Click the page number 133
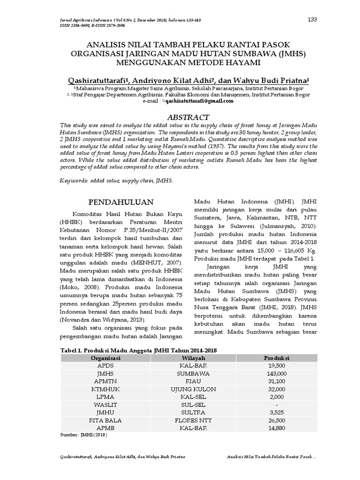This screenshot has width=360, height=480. pyautogui.click(x=312, y=19)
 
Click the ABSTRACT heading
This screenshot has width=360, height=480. pyautogui.click(x=188, y=117)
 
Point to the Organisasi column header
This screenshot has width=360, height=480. pyautogui.click(x=105, y=358)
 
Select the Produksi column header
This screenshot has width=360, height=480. pyautogui.click(x=277, y=358)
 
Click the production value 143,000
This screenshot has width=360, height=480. pyautogui.click(x=277, y=374)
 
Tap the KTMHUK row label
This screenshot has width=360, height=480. pyautogui.click(x=105, y=389)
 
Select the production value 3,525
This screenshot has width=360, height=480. pyautogui.click(x=277, y=412)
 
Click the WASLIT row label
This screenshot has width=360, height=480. pyautogui.click(x=105, y=405)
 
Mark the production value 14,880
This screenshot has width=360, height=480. pyautogui.click(x=277, y=428)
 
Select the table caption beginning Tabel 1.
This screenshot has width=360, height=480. pyautogui.click(x=139, y=350)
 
